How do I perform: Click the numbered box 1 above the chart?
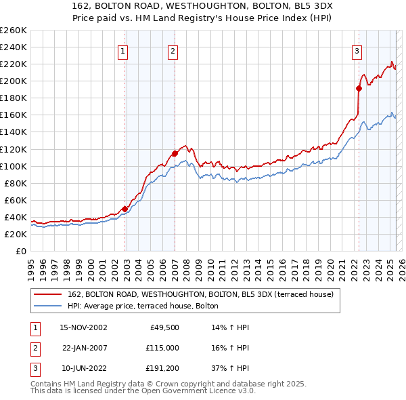123,50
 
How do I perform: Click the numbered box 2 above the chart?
173,50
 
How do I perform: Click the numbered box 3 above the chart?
357,50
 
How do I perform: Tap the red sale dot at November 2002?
125,209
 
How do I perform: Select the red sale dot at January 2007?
175,153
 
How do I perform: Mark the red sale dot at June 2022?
359,87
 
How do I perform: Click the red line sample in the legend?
47,294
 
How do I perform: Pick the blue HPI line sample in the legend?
47,306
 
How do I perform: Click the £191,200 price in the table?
162,369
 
